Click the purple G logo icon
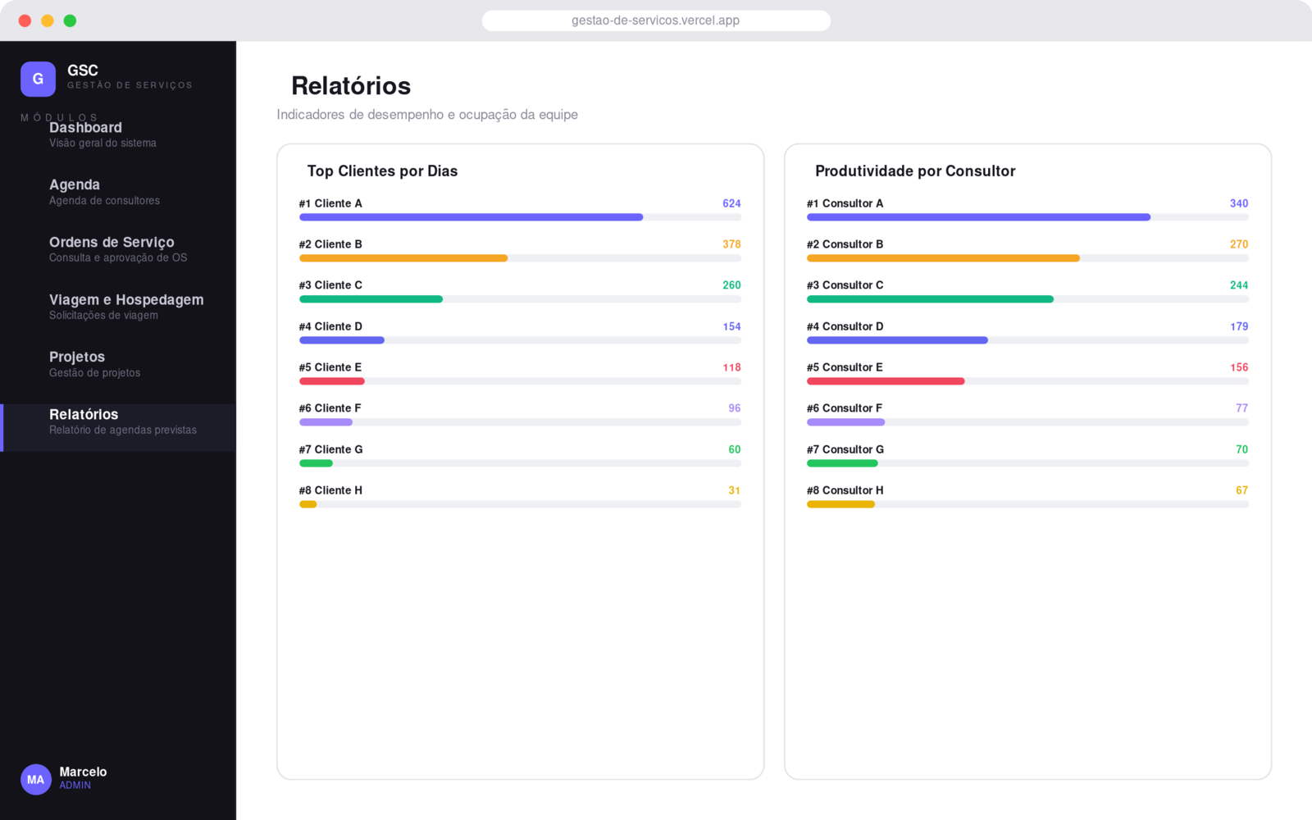click(x=38, y=79)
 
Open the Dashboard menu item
click(x=85, y=128)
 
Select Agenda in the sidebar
click(x=75, y=185)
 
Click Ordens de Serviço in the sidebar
click(x=112, y=243)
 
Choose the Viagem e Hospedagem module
click(x=126, y=300)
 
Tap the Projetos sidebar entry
click(x=77, y=358)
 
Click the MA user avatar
click(x=36, y=780)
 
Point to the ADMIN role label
click(x=75, y=786)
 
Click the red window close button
click(x=25, y=21)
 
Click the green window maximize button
click(x=70, y=21)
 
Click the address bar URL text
click(x=655, y=20)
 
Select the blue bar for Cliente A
click(x=471, y=217)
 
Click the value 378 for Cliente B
click(x=731, y=244)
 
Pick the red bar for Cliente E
click(x=332, y=381)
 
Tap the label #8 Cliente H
click(x=330, y=490)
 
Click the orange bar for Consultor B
click(x=943, y=258)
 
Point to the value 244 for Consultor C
click(x=1239, y=285)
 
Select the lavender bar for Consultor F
click(x=845, y=422)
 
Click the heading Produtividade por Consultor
click(x=915, y=171)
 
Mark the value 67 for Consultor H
click(x=1241, y=490)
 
